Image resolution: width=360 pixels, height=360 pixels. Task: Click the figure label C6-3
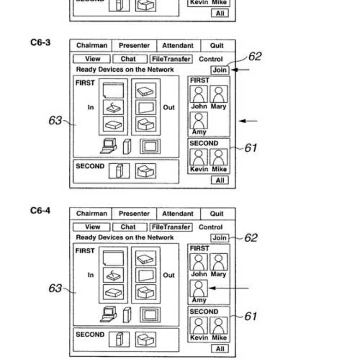coord(40,43)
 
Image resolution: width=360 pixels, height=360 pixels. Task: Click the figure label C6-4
coord(40,211)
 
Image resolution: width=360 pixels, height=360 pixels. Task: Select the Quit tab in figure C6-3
coord(216,45)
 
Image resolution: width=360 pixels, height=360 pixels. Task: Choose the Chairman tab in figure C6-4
coord(92,214)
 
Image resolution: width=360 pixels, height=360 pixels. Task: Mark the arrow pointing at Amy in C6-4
coord(229,288)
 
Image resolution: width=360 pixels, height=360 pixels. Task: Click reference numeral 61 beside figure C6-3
coord(250,148)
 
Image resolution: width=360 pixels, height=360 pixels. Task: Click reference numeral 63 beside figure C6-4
coord(56,288)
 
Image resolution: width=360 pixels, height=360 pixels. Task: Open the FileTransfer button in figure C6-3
coord(171,59)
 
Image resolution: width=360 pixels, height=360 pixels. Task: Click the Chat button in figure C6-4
coord(128,227)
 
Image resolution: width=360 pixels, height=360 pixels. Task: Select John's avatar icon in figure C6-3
coord(199,94)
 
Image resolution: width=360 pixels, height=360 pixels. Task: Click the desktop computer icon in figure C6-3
coord(108,145)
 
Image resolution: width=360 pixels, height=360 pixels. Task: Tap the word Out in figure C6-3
coord(169,108)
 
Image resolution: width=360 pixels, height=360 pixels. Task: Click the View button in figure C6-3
coord(93,59)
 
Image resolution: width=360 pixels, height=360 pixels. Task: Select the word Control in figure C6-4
coord(211,227)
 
